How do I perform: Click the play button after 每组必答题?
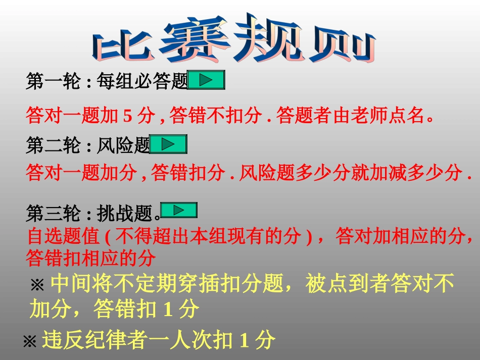tap(206, 80)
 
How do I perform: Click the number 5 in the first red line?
tap(127, 117)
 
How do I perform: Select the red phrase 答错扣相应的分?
tap(90, 258)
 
